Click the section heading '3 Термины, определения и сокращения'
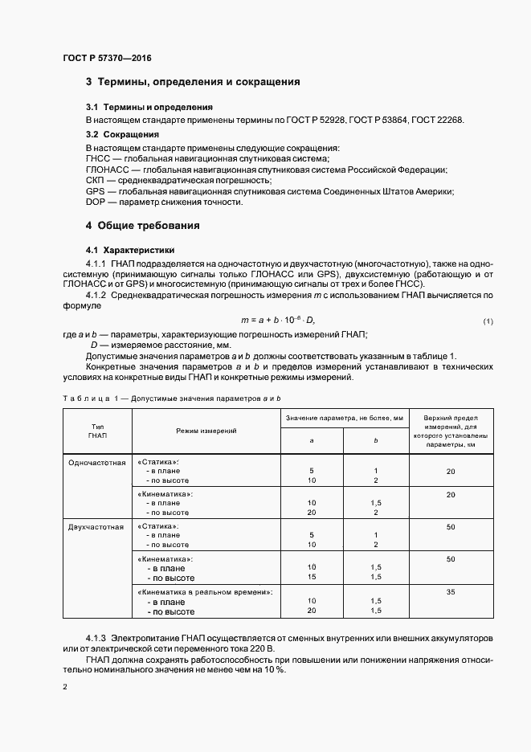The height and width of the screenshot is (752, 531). [193, 82]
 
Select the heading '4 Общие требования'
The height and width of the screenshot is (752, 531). [143, 226]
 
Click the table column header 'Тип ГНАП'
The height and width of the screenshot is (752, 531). [97, 431]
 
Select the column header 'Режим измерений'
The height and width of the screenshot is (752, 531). [206, 431]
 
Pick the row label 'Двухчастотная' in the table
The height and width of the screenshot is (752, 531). [97, 527]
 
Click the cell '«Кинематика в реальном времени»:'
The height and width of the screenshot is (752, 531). [206, 591]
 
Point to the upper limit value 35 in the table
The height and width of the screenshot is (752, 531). [451, 591]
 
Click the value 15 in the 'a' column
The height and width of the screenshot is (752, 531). [311, 576]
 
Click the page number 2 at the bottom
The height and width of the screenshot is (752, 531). [65, 687]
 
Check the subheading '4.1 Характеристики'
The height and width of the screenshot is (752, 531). [129, 250]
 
